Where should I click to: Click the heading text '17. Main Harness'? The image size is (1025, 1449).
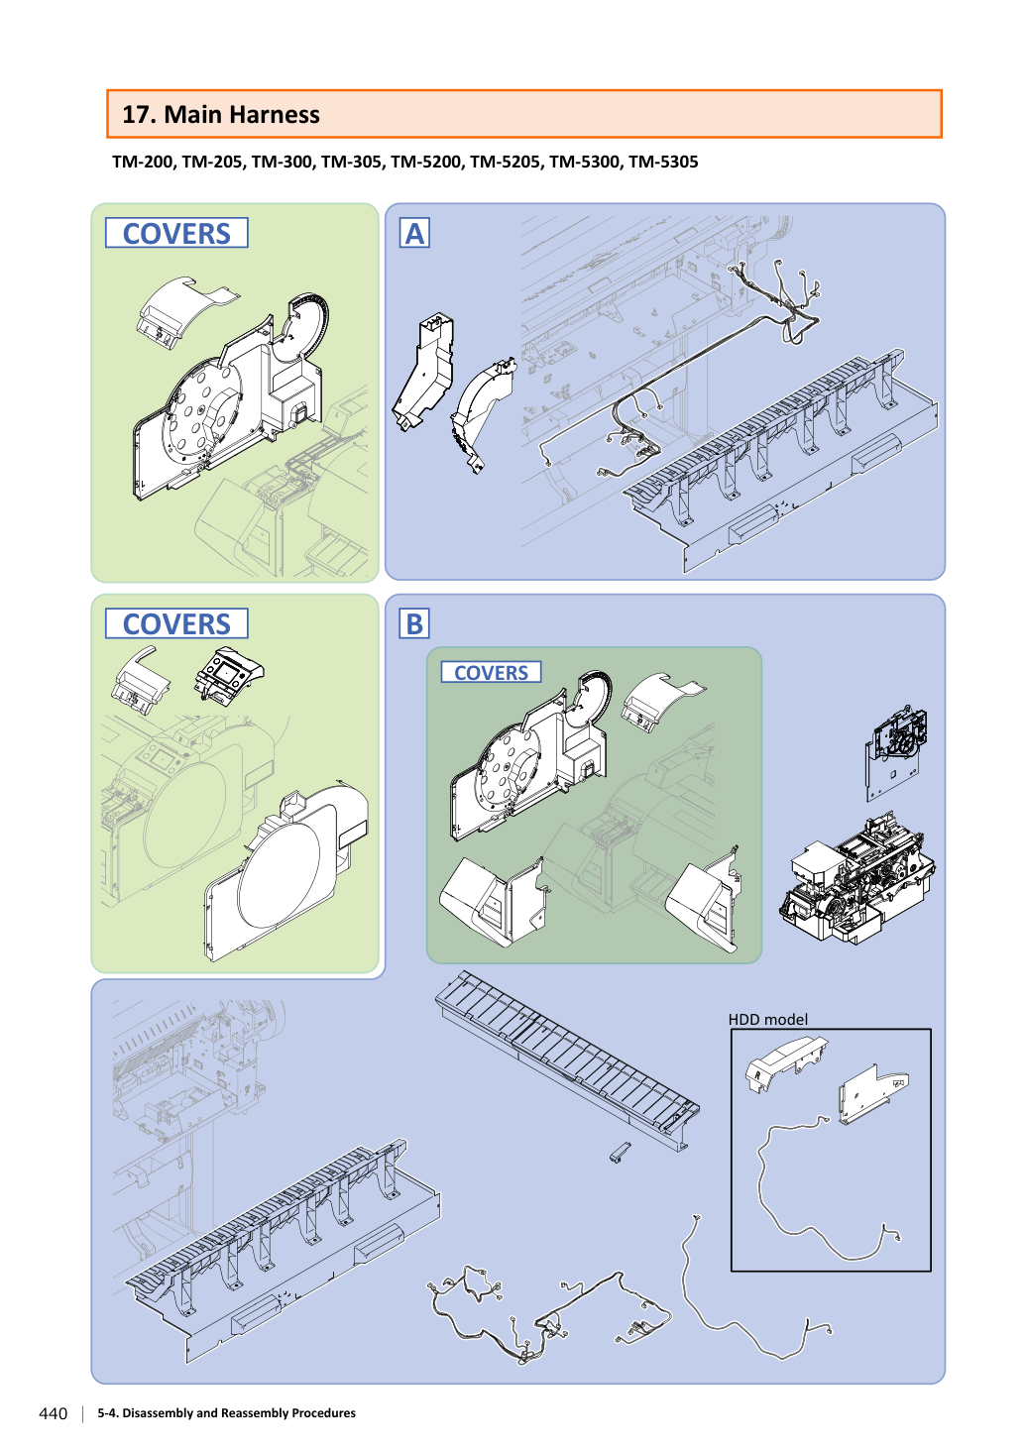tap(221, 115)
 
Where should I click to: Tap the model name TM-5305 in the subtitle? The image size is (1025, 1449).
tap(663, 162)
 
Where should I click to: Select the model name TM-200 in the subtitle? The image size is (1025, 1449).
tap(143, 162)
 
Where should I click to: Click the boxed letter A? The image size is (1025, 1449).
tap(414, 233)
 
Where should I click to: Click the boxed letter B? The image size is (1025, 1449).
tap(414, 624)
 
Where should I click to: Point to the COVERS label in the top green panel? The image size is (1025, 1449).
tap(176, 233)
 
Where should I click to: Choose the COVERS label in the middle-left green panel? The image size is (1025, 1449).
tap(176, 623)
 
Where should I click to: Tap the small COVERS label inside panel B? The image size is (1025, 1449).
tap(491, 672)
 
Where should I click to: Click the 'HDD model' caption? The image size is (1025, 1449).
tap(768, 1020)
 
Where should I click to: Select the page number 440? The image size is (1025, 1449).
tap(54, 1413)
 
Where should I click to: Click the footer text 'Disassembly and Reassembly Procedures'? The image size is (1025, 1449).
tap(239, 1413)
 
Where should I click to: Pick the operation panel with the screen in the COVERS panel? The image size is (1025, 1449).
tap(229, 676)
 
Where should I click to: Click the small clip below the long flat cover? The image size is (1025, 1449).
tap(620, 1153)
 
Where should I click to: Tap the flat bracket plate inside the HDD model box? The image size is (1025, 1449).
tap(873, 1094)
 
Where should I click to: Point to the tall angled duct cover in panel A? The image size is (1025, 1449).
tap(423, 371)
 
